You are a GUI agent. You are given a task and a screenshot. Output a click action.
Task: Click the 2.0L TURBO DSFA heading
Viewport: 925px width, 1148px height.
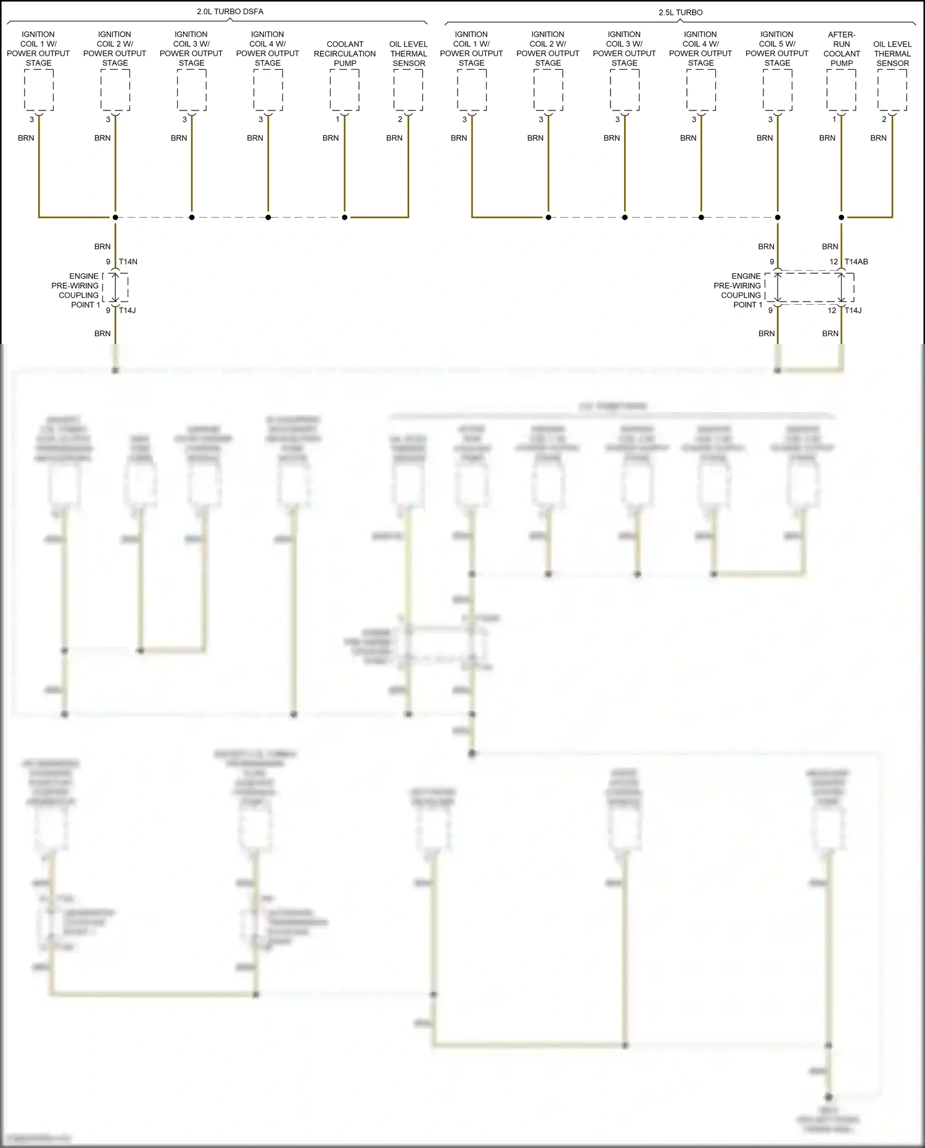pyautogui.click(x=229, y=12)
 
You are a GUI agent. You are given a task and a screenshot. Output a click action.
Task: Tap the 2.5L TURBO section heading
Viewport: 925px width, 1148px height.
pyautogui.click(x=680, y=12)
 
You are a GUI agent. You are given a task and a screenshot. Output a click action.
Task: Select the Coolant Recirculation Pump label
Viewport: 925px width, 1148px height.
pyautogui.click(x=345, y=54)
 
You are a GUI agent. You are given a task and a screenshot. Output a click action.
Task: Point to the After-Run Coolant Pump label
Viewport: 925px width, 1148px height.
pyautogui.click(x=841, y=49)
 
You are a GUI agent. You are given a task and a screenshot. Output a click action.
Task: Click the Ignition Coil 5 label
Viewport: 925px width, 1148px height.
pyautogui.click(x=776, y=49)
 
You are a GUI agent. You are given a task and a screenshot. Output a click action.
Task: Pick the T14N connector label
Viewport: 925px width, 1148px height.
pyautogui.click(x=128, y=262)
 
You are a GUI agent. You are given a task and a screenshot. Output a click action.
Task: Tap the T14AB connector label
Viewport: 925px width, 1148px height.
pyautogui.click(x=856, y=262)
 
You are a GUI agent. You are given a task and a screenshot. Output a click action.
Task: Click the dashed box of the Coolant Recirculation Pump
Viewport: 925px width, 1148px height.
pyautogui.click(x=345, y=90)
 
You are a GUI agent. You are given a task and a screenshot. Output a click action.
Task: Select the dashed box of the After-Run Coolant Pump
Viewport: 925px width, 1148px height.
pyautogui.click(x=841, y=90)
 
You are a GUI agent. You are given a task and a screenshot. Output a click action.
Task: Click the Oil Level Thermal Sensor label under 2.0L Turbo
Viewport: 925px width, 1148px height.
pyautogui.click(x=408, y=54)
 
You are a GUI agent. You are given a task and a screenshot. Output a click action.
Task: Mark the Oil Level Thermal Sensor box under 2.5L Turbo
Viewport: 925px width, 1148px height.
pyautogui.click(x=892, y=90)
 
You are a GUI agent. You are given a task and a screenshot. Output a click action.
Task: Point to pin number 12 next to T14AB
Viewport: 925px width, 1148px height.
pyautogui.click(x=834, y=262)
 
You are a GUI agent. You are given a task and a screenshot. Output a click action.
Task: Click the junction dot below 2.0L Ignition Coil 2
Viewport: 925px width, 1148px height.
pyautogui.click(x=115, y=217)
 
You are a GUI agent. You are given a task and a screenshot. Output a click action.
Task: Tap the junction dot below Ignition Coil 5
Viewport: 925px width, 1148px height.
pyautogui.click(x=778, y=217)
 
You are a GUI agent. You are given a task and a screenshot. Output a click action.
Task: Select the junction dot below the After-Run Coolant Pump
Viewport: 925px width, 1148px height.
pyautogui.click(x=841, y=217)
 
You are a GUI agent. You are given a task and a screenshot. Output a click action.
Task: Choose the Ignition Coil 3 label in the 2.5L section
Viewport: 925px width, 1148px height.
pyautogui.click(x=624, y=49)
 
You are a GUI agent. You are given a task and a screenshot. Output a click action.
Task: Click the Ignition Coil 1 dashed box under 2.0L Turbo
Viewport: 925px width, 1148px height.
pyautogui.click(x=39, y=90)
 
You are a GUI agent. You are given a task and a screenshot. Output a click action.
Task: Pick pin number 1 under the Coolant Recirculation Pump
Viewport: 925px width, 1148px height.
pyautogui.click(x=338, y=119)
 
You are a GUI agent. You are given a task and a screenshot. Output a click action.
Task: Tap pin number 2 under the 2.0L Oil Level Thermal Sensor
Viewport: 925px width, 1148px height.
pyautogui.click(x=400, y=119)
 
